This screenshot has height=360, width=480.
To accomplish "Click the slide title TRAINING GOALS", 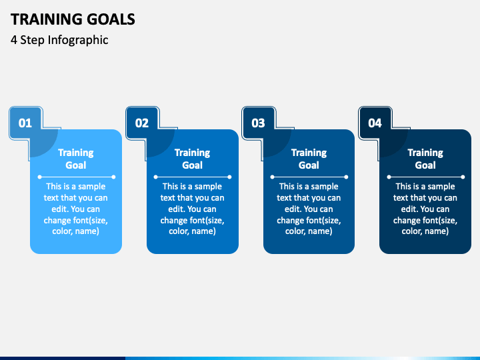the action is point(73,19).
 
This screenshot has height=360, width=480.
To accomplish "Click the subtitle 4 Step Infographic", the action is point(59,40).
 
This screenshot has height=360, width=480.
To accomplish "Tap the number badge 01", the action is point(25,123).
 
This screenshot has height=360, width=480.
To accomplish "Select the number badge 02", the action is point(142,123).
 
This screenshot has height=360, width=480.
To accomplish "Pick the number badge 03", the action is point(258,123).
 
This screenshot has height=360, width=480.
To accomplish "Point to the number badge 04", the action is point(375,123).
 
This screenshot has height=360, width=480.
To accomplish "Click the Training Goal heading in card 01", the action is point(76,159).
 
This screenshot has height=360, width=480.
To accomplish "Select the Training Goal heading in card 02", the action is point(192,159).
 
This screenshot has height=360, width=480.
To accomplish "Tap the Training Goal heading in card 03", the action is point(309,159).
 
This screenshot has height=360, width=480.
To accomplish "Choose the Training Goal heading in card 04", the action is point(425,159).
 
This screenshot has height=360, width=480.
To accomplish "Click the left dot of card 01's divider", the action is point(39,177).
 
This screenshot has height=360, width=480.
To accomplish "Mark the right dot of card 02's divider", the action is point(229,177).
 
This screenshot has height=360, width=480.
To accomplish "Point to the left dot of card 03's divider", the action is point(272,177).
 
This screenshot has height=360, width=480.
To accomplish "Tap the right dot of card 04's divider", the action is point(463,177).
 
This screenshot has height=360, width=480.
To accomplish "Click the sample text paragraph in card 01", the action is point(76,209).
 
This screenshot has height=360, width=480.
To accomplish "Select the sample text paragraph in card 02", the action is point(192,209).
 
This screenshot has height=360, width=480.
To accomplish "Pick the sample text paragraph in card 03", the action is point(309,209).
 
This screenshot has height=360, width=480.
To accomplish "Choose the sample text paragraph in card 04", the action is point(425,209).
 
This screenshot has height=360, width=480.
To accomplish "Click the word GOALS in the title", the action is point(111,19).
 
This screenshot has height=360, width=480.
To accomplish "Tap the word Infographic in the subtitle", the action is point(78,40).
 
